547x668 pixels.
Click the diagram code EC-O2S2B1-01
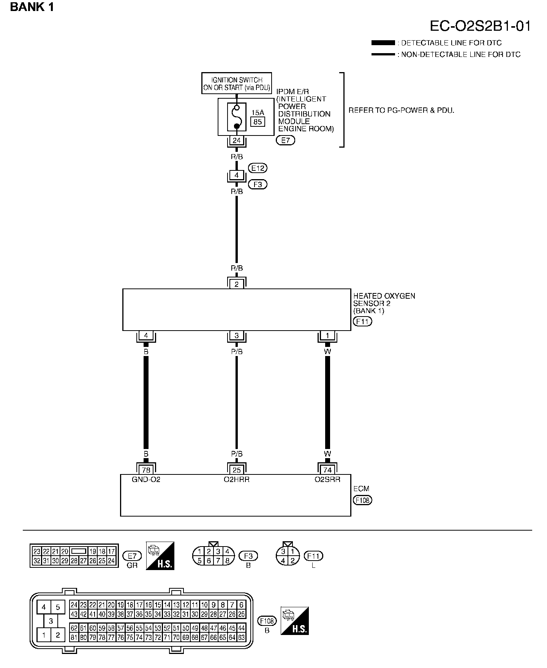tap(480, 26)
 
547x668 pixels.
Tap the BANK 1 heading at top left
tap(32, 7)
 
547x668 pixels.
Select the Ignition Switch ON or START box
tap(237, 83)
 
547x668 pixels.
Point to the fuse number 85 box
tap(258, 122)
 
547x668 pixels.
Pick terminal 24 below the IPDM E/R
tap(237, 140)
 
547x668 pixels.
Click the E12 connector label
tap(258, 168)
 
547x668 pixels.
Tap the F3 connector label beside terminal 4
tap(258, 184)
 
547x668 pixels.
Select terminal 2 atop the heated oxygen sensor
tap(237, 284)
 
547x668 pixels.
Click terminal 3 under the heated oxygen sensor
tap(237, 336)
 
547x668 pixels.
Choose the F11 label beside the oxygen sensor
tap(362, 321)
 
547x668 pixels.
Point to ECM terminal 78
tap(146, 470)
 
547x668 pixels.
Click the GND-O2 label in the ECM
tap(146, 479)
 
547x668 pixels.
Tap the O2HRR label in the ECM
tap(237, 479)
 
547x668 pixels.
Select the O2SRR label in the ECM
tap(327, 479)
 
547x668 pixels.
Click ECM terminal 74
tap(327, 470)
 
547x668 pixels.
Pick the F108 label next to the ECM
tap(362, 500)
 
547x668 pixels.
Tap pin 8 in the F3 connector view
tap(227, 561)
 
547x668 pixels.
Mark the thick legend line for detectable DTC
tap(383, 43)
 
